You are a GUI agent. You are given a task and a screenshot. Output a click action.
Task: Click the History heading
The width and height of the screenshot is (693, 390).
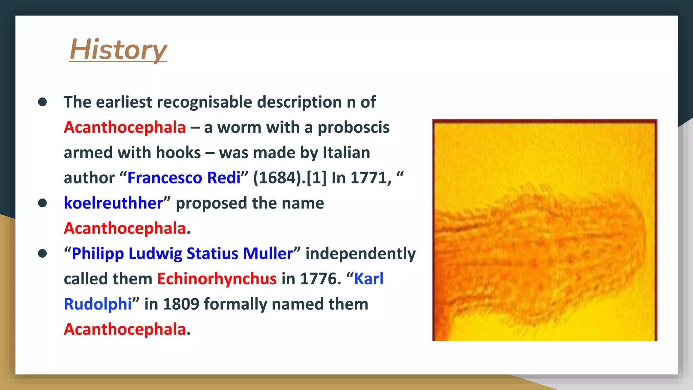(118, 50)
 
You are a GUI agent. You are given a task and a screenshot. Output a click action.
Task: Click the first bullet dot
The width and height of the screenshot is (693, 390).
(42, 102)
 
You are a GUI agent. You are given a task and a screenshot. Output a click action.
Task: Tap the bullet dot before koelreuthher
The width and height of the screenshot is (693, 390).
(42, 203)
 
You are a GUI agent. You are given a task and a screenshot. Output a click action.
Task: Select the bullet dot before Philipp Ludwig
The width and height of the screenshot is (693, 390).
(42, 254)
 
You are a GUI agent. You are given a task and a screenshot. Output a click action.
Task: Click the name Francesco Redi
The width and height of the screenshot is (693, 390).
(184, 178)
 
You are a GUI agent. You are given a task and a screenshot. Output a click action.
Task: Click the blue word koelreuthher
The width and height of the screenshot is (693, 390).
(113, 203)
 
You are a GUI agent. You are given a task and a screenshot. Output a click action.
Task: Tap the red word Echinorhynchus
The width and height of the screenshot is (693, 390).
(217, 279)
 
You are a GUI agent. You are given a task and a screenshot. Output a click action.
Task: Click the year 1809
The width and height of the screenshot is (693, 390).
(181, 304)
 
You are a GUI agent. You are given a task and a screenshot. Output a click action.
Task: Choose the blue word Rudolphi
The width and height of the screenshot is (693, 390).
(98, 304)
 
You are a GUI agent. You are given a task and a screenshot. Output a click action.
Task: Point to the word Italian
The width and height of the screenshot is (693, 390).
(346, 153)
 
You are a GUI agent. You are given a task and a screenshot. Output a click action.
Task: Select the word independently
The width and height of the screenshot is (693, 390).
(360, 254)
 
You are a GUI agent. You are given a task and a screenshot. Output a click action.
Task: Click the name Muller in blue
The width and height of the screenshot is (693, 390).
(268, 254)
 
